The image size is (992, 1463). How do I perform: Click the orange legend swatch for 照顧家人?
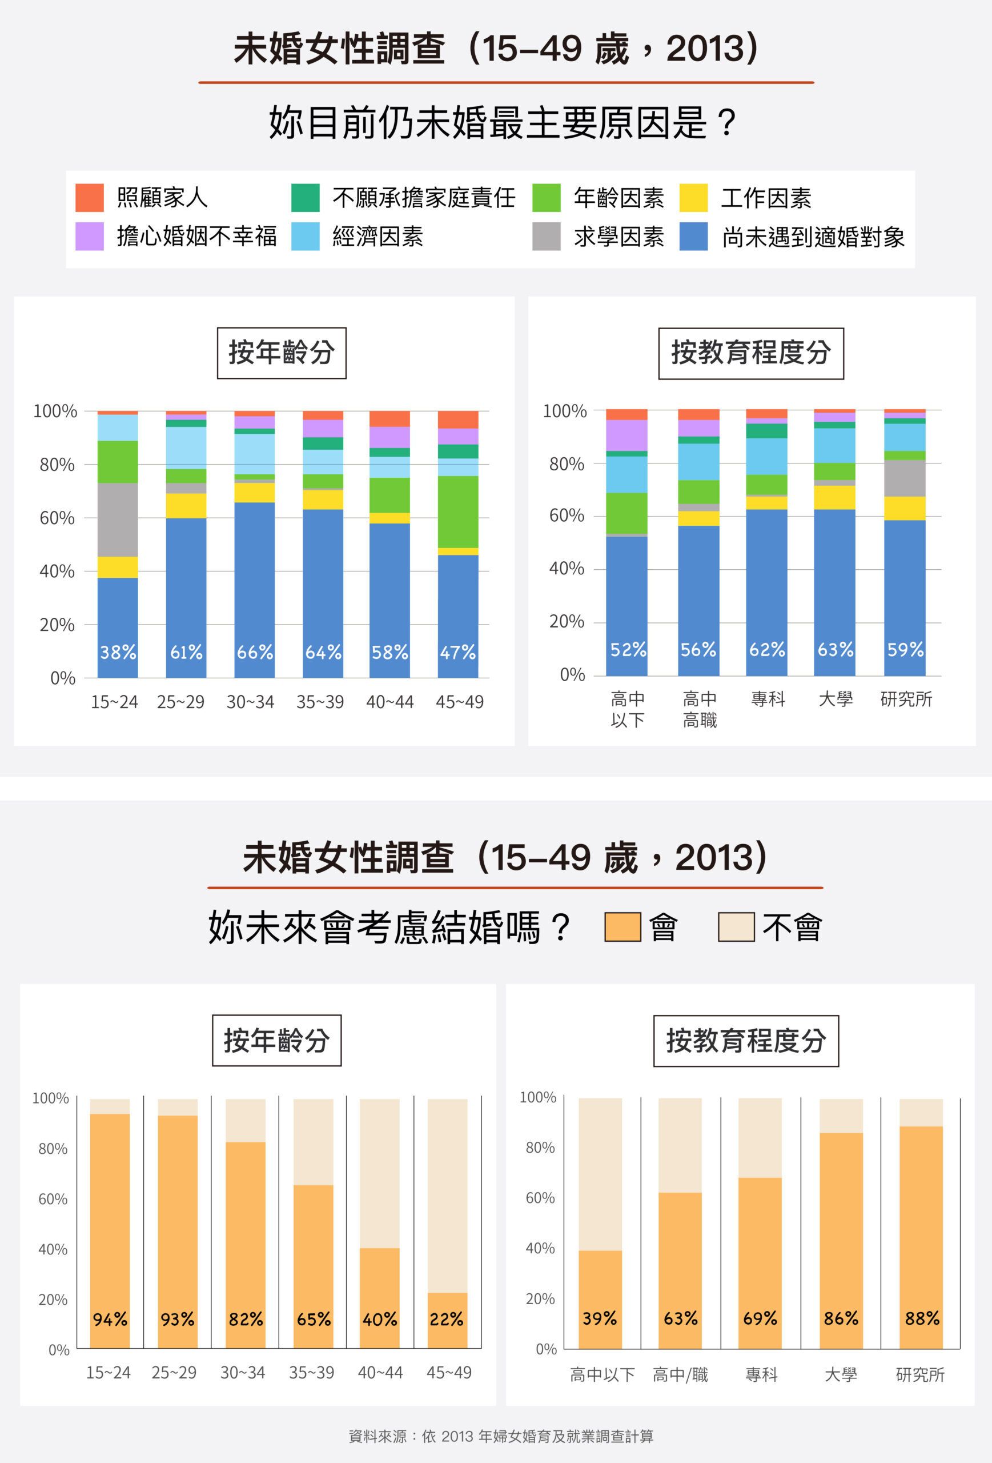(89, 198)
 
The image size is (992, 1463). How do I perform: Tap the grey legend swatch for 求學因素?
(546, 237)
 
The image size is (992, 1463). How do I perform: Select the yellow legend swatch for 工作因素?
(693, 198)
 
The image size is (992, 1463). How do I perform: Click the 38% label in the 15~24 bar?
(118, 652)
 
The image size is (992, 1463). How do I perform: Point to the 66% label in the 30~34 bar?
(255, 652)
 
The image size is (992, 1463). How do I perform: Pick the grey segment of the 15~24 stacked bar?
(118, 520)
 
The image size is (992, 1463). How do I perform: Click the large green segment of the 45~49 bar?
(458, 512)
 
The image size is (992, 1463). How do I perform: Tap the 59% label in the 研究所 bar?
(905, 650)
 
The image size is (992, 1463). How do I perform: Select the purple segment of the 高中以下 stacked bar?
(626, 435)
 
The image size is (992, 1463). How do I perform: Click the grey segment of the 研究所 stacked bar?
(905, 478)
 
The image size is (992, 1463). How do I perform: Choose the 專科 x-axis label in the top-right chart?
(768, 699)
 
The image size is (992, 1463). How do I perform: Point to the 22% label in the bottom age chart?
(447, 1319)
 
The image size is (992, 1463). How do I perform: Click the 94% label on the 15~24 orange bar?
(110, 1319)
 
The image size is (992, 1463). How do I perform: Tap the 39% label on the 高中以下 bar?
(600, 1318)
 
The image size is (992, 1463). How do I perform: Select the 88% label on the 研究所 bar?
(922, 1318)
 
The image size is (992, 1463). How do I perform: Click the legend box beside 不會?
(736, 928)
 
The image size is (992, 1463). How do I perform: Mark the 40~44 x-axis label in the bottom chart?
(380, 1372)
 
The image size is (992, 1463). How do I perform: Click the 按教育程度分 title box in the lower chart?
(746, 1041)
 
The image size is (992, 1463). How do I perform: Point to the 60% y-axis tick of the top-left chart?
(57, 519)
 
